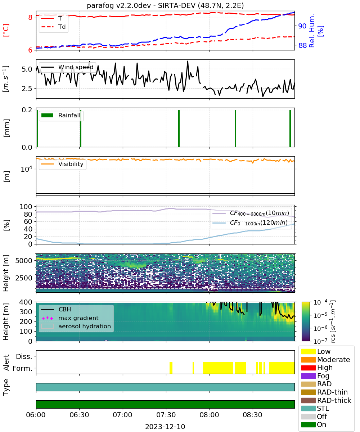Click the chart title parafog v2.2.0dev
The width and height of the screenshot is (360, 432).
[x=119, y=5]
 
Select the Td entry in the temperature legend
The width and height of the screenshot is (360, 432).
[x=53, y=27]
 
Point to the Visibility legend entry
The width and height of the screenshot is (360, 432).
[x=62, y=164]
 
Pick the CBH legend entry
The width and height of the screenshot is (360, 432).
[x=56, y=309]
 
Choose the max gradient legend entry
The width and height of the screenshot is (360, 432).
[x=70, y=318]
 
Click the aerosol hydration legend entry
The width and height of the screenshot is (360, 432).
[x=76, y=326]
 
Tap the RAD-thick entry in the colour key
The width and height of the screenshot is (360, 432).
[x=326, y=400]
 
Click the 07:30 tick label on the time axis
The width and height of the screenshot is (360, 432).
[x=166, y=415]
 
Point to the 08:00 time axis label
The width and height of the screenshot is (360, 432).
[x=209, y=415]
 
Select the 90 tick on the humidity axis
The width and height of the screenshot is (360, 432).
[x=302, y=26]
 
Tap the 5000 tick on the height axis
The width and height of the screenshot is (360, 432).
[x=24, y=261]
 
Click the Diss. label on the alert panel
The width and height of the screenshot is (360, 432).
[x=24, y=356]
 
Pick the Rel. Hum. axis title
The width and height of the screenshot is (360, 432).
[x=312, y=31]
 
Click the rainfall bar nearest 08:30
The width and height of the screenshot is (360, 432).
[x=235, y=128]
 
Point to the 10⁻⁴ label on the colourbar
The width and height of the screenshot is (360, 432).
[x=320, y=302]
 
